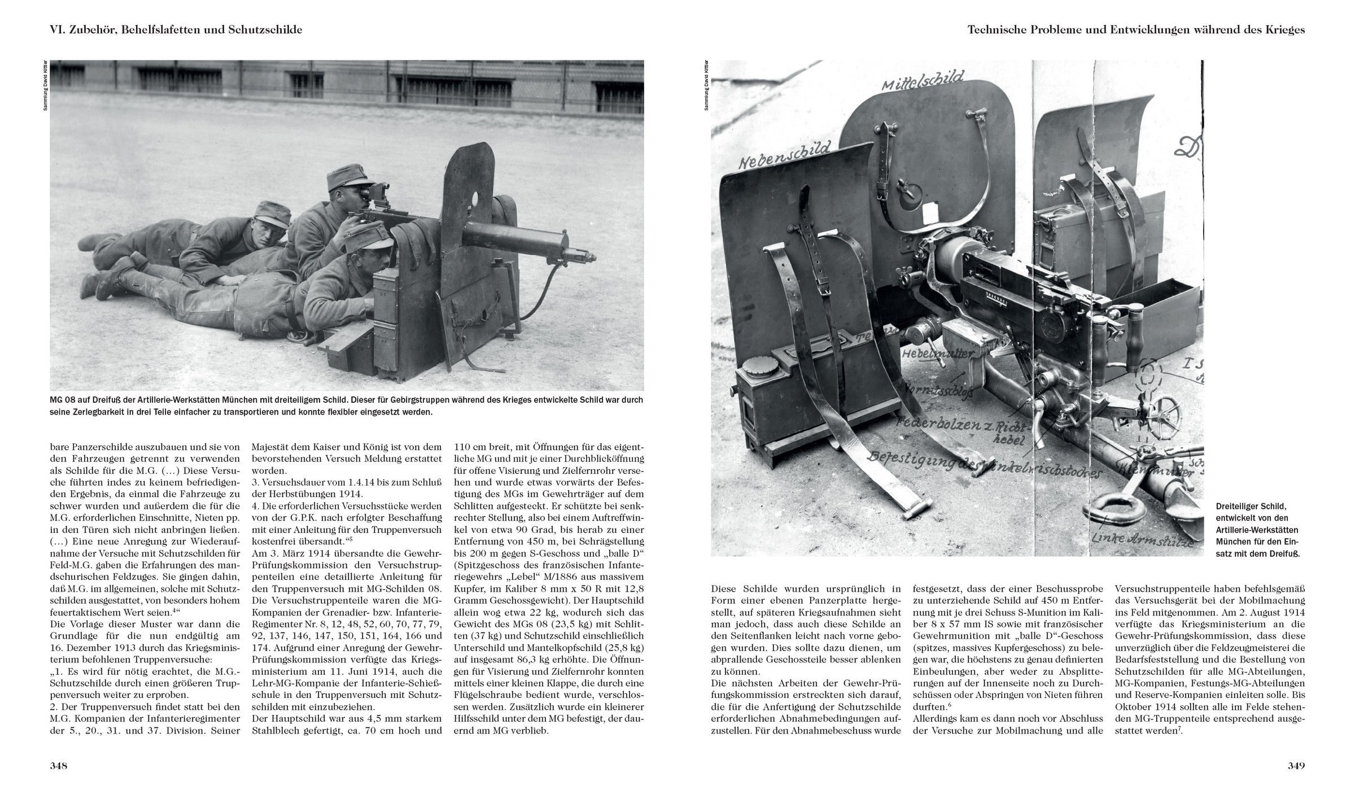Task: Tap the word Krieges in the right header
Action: coord(1283,30)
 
